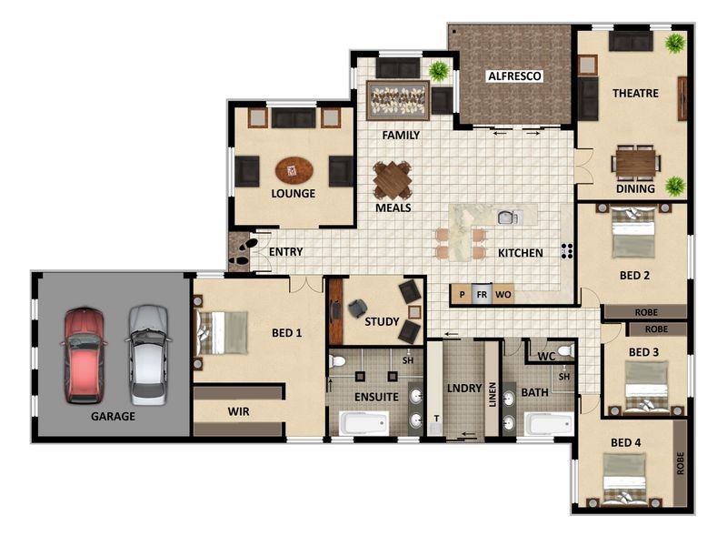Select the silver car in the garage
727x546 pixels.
click(147, 355)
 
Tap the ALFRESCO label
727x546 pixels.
click(515, 76)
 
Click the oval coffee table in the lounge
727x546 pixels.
click(294, 170)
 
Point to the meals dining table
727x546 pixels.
click(392, 180)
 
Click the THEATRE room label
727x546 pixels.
click(635, 93)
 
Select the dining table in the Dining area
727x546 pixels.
click(635, 162)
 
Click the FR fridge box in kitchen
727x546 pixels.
click(482, 295)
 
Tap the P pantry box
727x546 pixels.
click(462, 295)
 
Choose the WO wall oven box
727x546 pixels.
click(503, 295)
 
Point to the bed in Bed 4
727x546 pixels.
click(626, 478)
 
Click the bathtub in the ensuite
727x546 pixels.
click(363, 423)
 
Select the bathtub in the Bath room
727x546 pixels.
click(549, 424)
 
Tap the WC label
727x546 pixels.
click(546, 356)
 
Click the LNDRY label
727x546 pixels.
click(463, 389)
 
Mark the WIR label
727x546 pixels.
click(238, 411)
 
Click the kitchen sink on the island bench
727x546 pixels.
click(506, 217)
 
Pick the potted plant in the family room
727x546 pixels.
click(439, 70)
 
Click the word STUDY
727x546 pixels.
click(382, 321)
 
